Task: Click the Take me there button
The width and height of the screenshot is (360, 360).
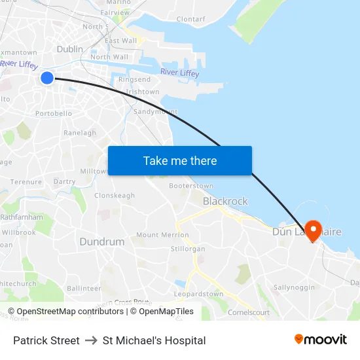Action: [x=180, y=160]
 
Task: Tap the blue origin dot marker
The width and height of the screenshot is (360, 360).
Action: [x=47, y=78]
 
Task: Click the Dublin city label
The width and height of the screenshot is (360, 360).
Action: [x=70, y=49]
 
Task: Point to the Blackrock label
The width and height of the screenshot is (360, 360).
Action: [x=225, y=202]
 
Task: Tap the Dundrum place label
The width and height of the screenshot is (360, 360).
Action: [x=102, y=242]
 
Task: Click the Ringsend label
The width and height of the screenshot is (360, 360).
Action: [x=134, y=79]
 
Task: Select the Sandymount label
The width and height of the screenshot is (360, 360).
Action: [x=156, y=111]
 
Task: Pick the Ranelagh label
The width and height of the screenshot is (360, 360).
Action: [x=80, y=133]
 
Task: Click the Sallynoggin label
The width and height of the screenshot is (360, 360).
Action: [x=294, y=287]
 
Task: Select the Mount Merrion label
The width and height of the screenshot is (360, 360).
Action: [x=162, y=235]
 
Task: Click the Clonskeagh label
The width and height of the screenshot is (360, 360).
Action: [x=115, y=196]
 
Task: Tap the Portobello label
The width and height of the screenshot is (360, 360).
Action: [x=54, y=113]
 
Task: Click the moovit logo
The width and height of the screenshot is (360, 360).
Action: [x=321, y=340]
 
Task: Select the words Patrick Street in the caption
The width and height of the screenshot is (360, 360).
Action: [x=46, y=340]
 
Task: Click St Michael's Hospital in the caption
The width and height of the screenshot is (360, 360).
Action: [x=154, y=340]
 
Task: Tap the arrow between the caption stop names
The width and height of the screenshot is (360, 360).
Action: [x=91, y=340]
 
